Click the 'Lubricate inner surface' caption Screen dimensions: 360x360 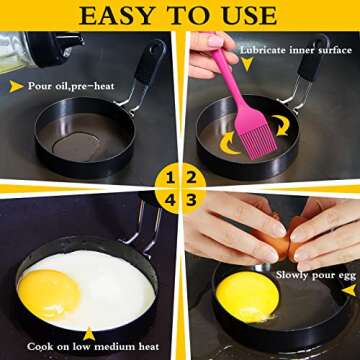(x=290, y=47)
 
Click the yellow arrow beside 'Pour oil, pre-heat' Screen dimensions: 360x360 (x=17, y=87)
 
